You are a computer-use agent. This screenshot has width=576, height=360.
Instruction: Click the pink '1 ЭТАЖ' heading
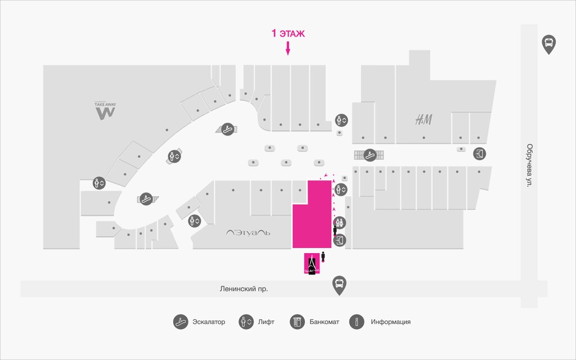288,34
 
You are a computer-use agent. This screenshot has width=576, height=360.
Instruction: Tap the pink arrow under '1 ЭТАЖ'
288,49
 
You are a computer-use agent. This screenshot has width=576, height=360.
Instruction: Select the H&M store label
424,119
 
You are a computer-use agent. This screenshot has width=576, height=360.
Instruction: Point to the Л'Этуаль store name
249,232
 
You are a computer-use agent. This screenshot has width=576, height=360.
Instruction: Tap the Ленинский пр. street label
244,289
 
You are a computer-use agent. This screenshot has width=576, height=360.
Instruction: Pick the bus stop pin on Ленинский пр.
339,285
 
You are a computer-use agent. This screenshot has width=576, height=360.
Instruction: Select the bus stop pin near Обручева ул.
548,43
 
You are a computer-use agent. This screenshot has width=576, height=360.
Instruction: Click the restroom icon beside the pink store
341,223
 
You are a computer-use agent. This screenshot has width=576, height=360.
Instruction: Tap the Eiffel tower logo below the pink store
310,264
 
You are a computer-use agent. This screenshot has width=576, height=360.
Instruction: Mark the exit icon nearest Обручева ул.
480,153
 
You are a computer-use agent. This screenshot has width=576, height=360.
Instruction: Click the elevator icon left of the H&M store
341,120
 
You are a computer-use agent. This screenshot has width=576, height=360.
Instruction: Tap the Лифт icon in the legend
246,322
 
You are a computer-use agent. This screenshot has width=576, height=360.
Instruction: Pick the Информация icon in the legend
357,322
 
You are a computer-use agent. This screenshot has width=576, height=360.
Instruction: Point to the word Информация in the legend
390,322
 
